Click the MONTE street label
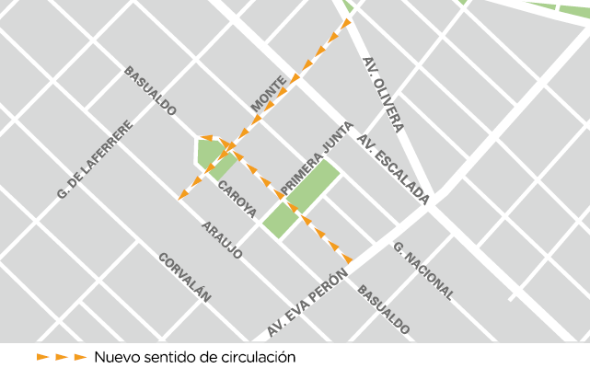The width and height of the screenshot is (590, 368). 269,96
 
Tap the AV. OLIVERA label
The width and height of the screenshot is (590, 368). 383,94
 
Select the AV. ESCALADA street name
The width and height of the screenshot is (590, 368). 394,171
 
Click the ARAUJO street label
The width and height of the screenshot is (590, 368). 222,240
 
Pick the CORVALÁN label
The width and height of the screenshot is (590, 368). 185,277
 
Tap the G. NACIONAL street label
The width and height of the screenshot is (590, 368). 422,271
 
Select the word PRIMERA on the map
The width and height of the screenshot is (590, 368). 297,175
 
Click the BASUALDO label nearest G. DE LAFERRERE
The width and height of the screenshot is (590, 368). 150,90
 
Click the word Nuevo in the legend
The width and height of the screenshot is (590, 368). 116,356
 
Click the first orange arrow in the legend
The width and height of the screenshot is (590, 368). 42,356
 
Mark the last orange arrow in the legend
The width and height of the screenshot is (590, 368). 81,356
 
